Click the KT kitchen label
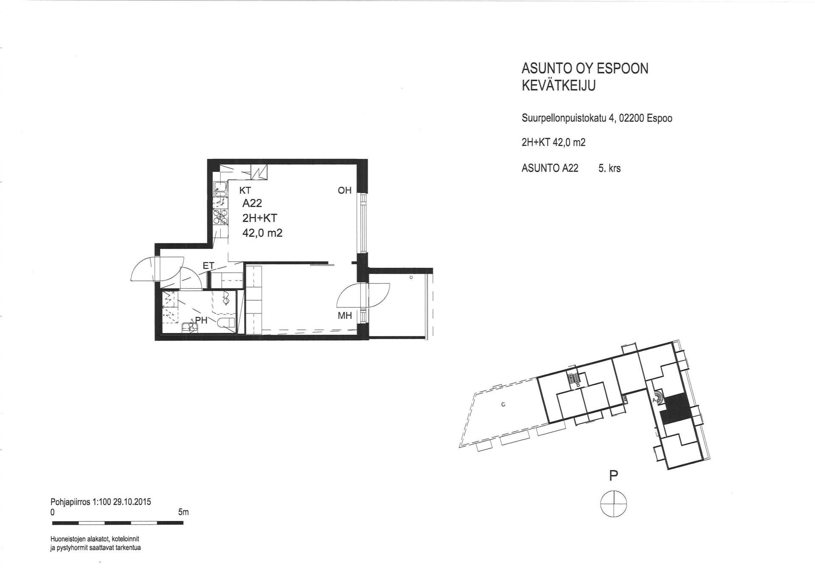click(245, 190)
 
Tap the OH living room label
click(345, 190)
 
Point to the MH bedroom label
click(345, 316)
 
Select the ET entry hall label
click(208, 266)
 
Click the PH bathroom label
click(201, 321)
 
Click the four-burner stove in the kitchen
click(220, 216)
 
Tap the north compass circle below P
click(613, 504)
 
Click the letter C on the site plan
click(503, 404)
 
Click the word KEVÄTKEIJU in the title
click(559, 85)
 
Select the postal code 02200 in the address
click(631, 118)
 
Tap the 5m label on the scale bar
click(183, 512)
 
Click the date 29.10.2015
click(132, 502)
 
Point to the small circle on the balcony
click(411, 277)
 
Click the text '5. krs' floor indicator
click(610, 168)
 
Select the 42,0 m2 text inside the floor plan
click(262, 233)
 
